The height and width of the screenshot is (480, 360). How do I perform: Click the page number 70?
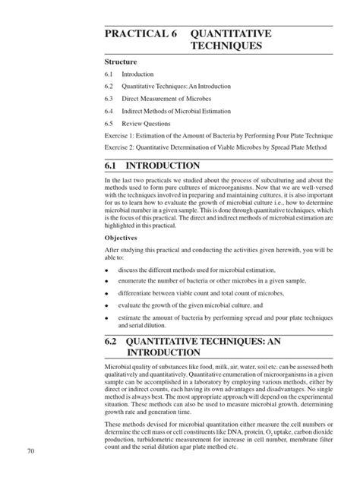point(30,453)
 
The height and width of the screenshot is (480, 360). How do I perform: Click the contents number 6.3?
point(109,99)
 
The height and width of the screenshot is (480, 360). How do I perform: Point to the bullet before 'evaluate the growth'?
point(106,305)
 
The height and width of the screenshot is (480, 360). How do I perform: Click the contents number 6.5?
point(109,123)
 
